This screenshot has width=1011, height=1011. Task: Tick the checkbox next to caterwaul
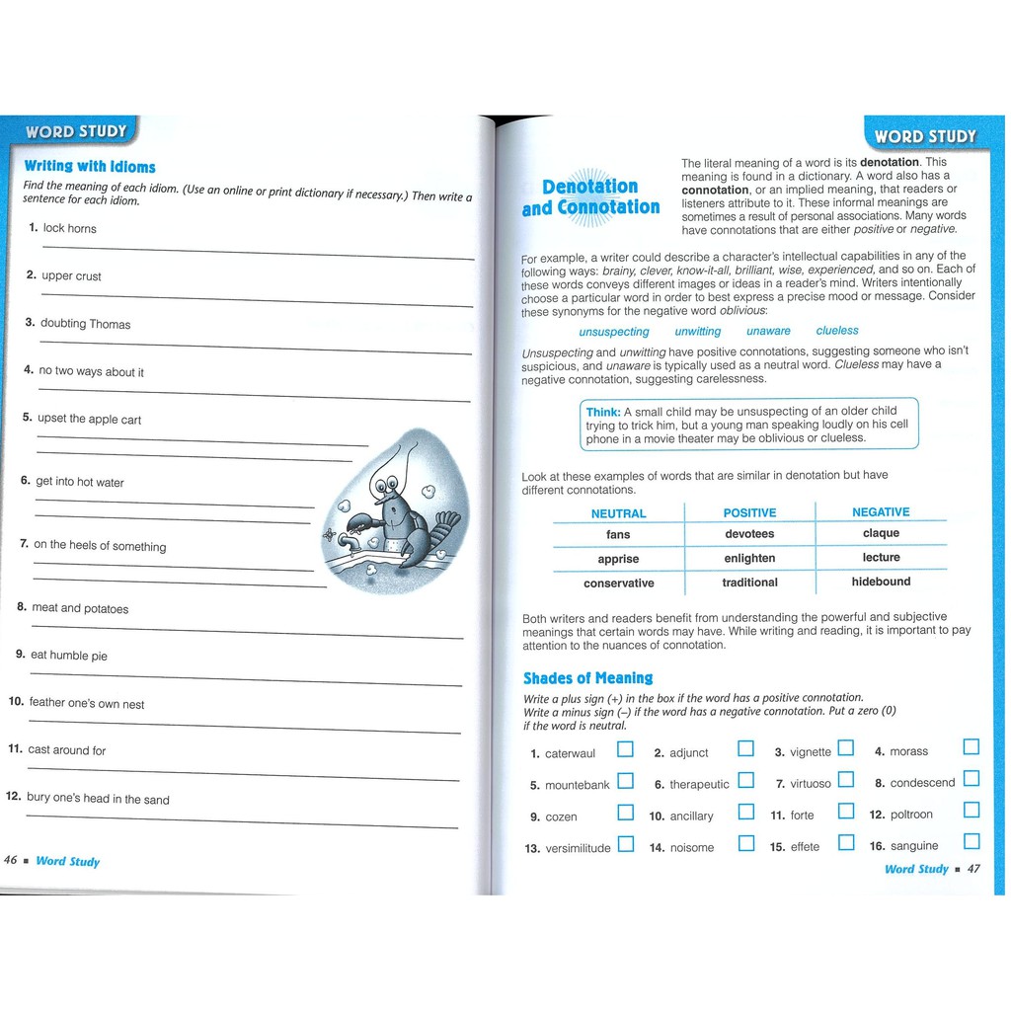tap(625, 749)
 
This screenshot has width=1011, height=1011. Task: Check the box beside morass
tap(972, 747)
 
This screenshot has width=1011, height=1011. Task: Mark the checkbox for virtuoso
tap(845, 780)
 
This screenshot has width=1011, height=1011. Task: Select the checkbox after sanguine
tap(972, 842)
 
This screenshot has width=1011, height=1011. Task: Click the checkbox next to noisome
tap(746, 843)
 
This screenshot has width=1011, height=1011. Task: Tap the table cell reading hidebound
tap(881, 582)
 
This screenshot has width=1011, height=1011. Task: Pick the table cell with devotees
tap(749, 534)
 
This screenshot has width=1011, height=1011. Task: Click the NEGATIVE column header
tap(881, 511)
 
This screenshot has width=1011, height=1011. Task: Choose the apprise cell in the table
tap(618, 559)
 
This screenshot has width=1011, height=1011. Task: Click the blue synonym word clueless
tap(837, 331)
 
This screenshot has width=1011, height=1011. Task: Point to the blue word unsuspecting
tap(614, 332)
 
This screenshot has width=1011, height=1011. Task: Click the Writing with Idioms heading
tap(90, 167)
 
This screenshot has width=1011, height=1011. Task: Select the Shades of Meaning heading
tap(587, 678)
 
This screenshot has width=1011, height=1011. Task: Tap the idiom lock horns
tap(70, 228)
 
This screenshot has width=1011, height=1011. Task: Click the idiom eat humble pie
tap(69, 656)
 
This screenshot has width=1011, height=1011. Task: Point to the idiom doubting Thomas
tap(85, 324)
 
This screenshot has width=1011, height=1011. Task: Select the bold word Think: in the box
tap(603, 413)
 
